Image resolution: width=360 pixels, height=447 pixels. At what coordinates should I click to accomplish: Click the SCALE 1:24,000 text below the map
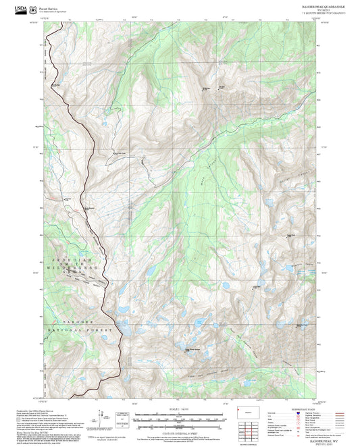tap(180, 409)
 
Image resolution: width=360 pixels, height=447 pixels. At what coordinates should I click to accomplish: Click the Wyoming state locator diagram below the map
tap(245, 411)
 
